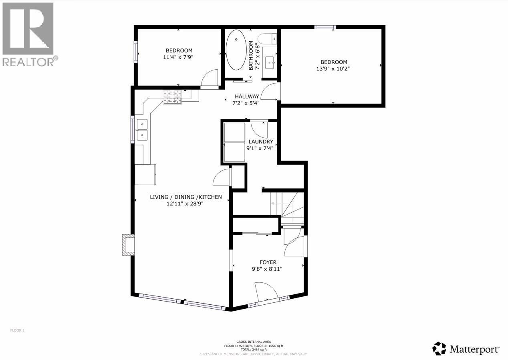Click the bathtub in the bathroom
coord(236,50)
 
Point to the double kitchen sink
coord(142,130)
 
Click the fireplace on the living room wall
coord(128,245)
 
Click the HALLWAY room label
coord(247,97)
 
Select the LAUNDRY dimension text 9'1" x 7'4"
coord(260,148)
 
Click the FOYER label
coord(268,262)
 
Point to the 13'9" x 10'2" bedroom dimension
coord(333,68)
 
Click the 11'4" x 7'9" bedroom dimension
coord(179,57)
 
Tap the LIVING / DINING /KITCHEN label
coord(185,197)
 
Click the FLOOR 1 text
coord(17,330)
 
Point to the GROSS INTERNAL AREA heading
coord(254,342)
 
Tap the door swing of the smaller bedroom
coord(210,78)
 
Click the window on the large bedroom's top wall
coord(325,27)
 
